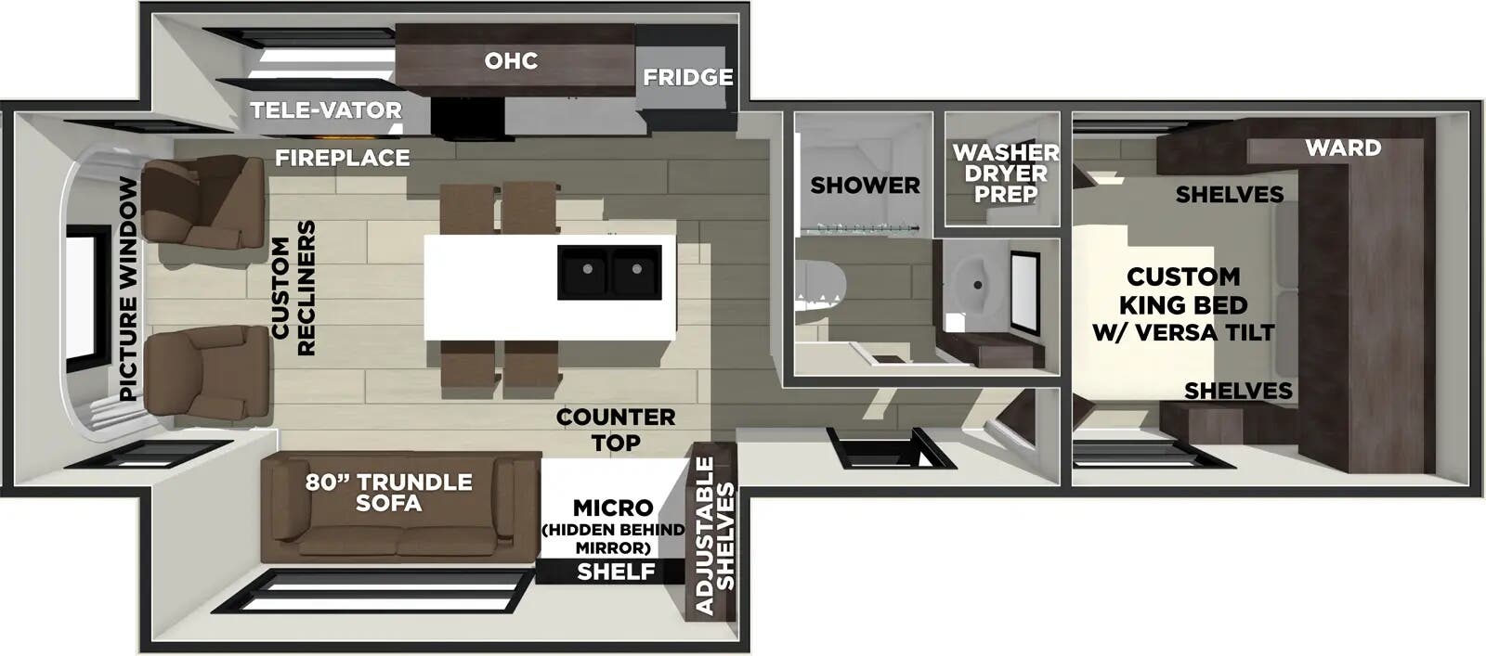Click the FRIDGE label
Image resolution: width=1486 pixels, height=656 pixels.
(687, 77)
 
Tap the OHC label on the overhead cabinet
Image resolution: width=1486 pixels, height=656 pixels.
(511, 61)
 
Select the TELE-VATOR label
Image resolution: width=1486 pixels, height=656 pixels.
(326, 110)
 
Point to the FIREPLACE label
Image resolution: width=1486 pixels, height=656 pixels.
(342, 158)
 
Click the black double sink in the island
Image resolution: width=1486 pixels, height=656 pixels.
(609, 272)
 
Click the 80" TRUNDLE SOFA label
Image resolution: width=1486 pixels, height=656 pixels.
(388, 492)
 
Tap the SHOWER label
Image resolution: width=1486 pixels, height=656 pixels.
(865, 185)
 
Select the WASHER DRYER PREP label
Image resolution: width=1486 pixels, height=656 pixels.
(1005, 173)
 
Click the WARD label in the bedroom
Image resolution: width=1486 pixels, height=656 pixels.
(1342, 148)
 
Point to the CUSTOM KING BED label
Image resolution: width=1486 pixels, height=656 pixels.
(1183, 303)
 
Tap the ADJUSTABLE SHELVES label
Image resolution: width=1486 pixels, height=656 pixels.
(714, 535)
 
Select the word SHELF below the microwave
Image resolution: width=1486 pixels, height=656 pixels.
(616, 572)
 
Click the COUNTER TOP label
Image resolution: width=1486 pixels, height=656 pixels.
(616, 430)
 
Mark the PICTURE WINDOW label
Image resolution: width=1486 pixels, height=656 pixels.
(128, 289)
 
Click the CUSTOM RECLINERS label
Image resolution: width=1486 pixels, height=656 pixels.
(293, 288)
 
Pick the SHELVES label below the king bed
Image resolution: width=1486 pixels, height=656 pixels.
(1238, 391)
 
